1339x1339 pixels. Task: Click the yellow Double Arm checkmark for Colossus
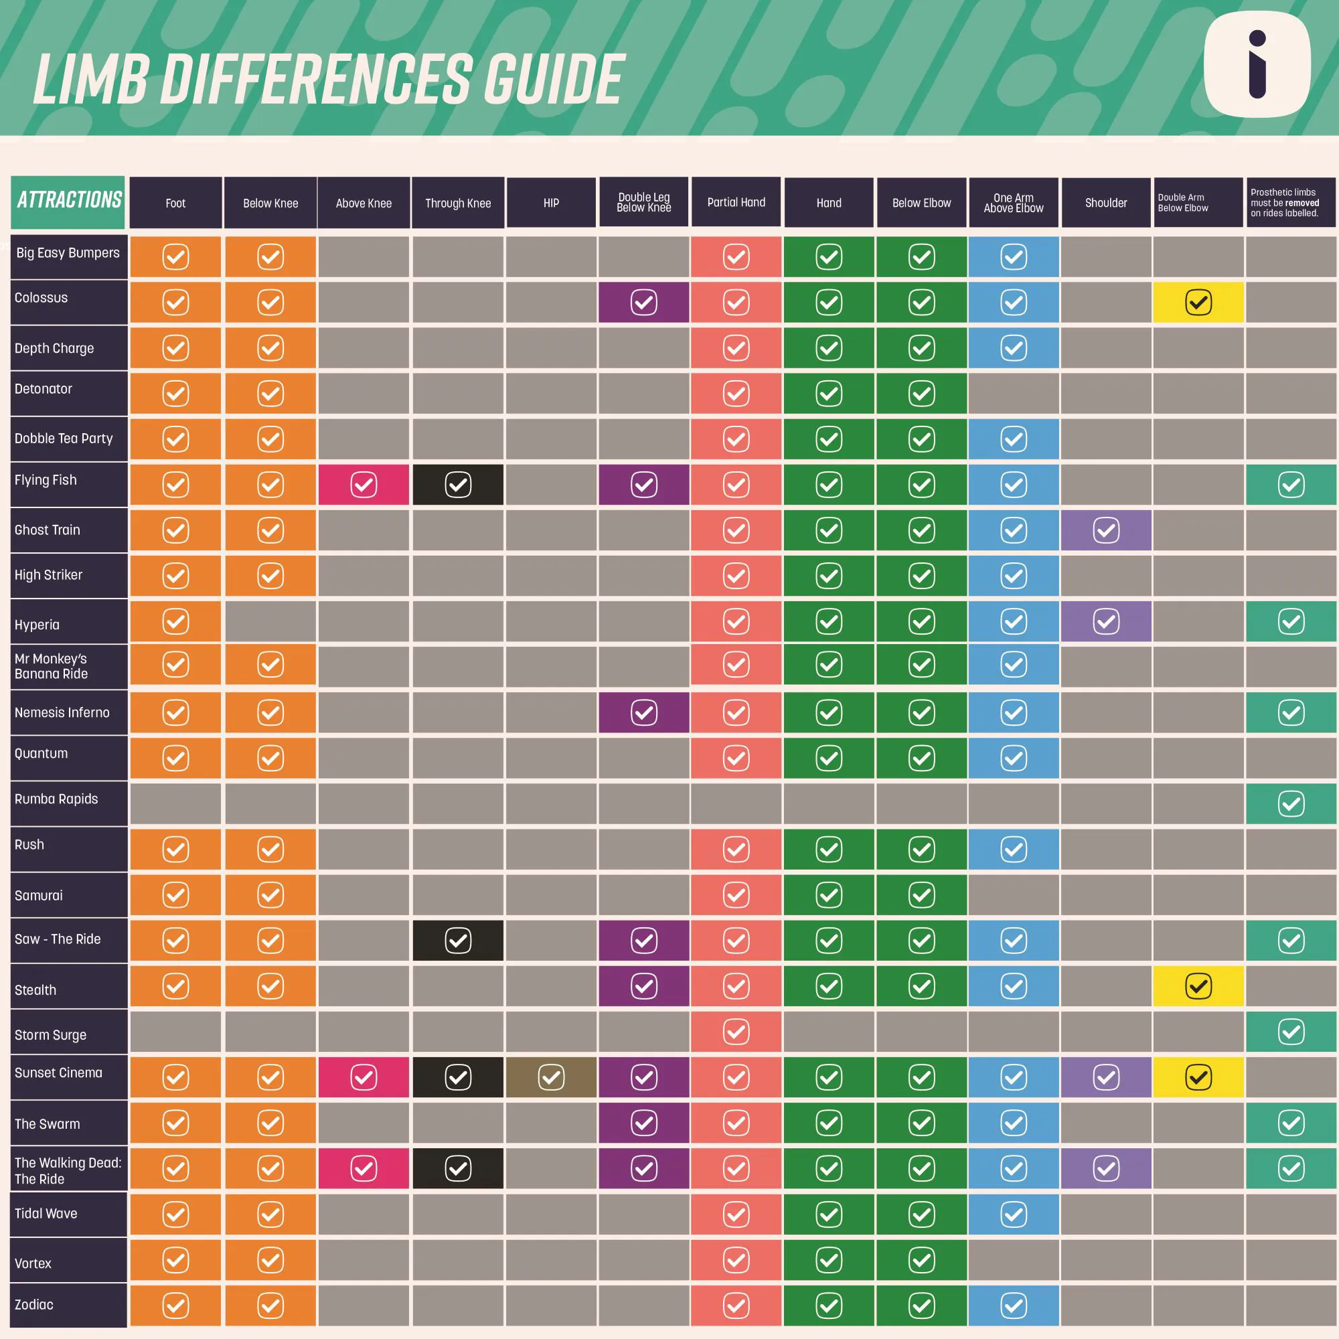click(x=1198, y=302)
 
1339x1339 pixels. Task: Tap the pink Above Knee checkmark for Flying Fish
click(x=363, y=485)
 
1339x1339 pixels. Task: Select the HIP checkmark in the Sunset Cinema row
click(x=551, y=1077)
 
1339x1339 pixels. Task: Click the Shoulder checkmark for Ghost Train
click(x=1105, y=530)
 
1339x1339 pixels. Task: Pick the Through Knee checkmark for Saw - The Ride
click(x=457, y=941)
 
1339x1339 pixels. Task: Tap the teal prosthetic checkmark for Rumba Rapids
click(x=1291, y=804)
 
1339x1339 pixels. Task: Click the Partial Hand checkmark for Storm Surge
click(x=735, y=1031)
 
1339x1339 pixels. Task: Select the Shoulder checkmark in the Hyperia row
click(x=1105, y=621)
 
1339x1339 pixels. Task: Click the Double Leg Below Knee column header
click(x=643, y=202)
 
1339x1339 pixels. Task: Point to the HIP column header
click(x=551, y=203)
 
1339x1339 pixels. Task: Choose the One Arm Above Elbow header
click(x=1012, y=203)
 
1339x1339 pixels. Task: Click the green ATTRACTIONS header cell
click(x=68, y=201)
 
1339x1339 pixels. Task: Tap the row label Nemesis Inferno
click(x=62, y=712)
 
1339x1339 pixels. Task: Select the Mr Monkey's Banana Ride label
click(x=52, y=666)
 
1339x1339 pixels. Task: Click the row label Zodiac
click(x=34, y=1304)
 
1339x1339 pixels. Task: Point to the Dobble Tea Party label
click(x=63, y=438)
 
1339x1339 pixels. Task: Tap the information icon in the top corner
click(x=1257, y=64)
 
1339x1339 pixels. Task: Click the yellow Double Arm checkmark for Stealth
click(x=1198, y=986)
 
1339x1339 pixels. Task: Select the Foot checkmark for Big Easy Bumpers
click(x=175, y=257)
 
